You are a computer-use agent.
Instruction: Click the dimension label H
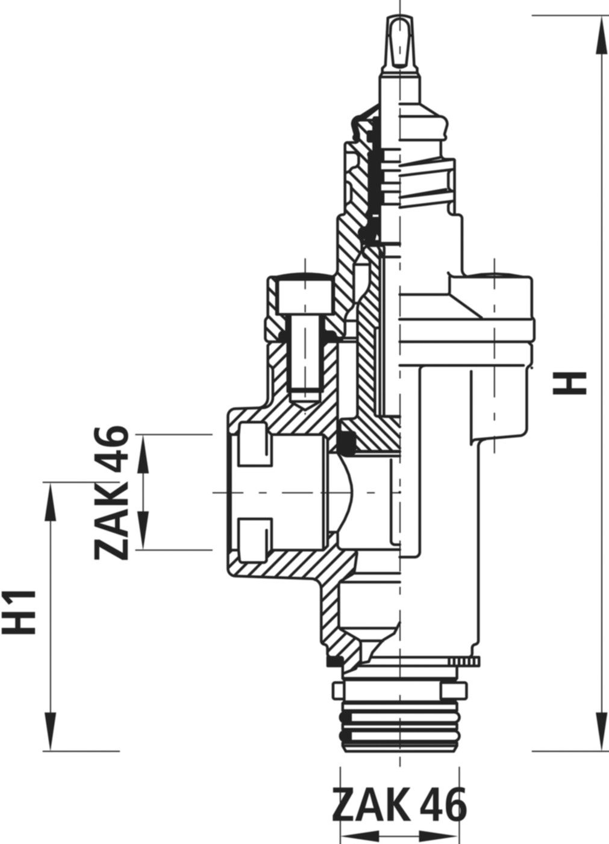(x=569, y=383)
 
